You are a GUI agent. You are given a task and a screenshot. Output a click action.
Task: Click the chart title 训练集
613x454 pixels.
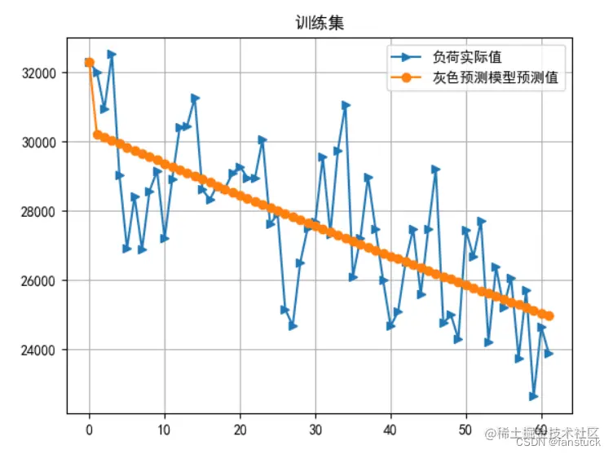coord(320,23)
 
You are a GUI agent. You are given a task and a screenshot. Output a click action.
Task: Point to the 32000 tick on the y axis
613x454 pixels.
coord(39,73)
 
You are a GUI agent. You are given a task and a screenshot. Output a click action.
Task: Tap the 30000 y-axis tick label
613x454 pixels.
coord(39,142)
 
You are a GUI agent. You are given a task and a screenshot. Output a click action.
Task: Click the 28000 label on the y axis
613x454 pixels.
coord(39,212)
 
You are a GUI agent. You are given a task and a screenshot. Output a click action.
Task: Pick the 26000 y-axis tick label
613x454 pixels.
coord(39,281)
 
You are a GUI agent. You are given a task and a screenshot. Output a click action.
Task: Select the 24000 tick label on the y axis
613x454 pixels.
coord(39,350)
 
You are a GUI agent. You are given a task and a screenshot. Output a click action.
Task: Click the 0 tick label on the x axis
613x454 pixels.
coord(89,429)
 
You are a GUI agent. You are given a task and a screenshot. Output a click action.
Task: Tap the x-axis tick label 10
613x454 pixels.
coord(165,429)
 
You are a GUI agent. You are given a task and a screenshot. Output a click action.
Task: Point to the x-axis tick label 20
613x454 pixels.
coord(240,429)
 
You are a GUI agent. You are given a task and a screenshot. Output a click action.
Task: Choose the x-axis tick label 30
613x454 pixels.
coord(315,429)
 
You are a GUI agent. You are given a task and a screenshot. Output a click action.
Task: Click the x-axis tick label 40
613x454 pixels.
coord(390,429)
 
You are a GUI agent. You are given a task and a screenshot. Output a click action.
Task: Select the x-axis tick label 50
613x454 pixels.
coord(465,429)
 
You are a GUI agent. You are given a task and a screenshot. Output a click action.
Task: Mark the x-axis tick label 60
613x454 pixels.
coord(541,429)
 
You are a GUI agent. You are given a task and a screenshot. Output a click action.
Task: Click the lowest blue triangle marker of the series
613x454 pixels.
coord(534,396)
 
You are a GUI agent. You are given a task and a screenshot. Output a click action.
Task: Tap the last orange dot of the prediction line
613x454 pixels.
coord(549,315)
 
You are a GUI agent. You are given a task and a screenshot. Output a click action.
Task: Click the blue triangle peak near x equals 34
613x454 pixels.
coord(346,105)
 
